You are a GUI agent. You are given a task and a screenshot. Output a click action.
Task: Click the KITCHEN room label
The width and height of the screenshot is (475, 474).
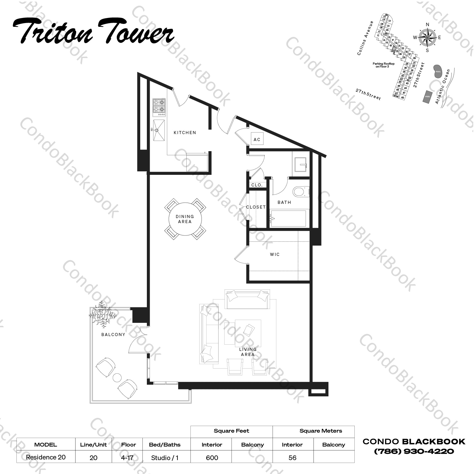coord(185,133)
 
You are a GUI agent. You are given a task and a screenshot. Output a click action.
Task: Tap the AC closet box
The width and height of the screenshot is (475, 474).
coord(257,139)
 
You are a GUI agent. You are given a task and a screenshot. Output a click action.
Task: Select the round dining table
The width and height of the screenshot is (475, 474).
coord(185,219)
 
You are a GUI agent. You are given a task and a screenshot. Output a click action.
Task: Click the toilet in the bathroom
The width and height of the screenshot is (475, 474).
coord(300,192)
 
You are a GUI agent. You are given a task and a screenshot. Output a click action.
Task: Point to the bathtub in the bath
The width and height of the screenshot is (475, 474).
coord(288,218)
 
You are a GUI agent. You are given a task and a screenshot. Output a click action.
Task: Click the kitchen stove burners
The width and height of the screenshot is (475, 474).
coord(159,106)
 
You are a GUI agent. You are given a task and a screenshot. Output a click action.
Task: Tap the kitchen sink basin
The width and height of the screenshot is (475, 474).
coord(159,130)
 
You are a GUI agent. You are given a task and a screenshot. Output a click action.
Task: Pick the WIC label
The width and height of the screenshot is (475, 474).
coord(275,254)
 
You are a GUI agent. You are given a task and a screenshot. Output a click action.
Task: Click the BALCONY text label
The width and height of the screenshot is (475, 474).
coord(113,335)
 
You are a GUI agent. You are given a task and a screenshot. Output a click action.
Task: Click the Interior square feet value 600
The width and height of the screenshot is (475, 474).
coord(212,458)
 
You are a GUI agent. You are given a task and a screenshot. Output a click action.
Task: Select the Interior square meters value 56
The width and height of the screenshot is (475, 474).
coord(292,458)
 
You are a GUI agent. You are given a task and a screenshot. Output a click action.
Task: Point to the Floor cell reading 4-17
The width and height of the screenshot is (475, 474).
coord(127,457)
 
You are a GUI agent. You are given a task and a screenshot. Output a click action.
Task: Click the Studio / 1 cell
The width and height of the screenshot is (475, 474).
coord(165,458)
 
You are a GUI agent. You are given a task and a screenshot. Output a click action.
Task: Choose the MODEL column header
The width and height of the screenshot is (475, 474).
coord(46,445)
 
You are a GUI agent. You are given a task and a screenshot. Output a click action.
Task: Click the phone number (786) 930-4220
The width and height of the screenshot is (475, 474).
coord(414,451)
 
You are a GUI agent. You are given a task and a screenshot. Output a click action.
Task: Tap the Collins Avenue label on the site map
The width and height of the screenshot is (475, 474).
coord(365,38)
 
